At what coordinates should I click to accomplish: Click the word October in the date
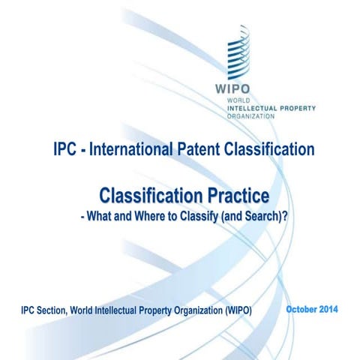[304, 309]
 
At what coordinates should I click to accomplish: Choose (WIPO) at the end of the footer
[236, 310]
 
